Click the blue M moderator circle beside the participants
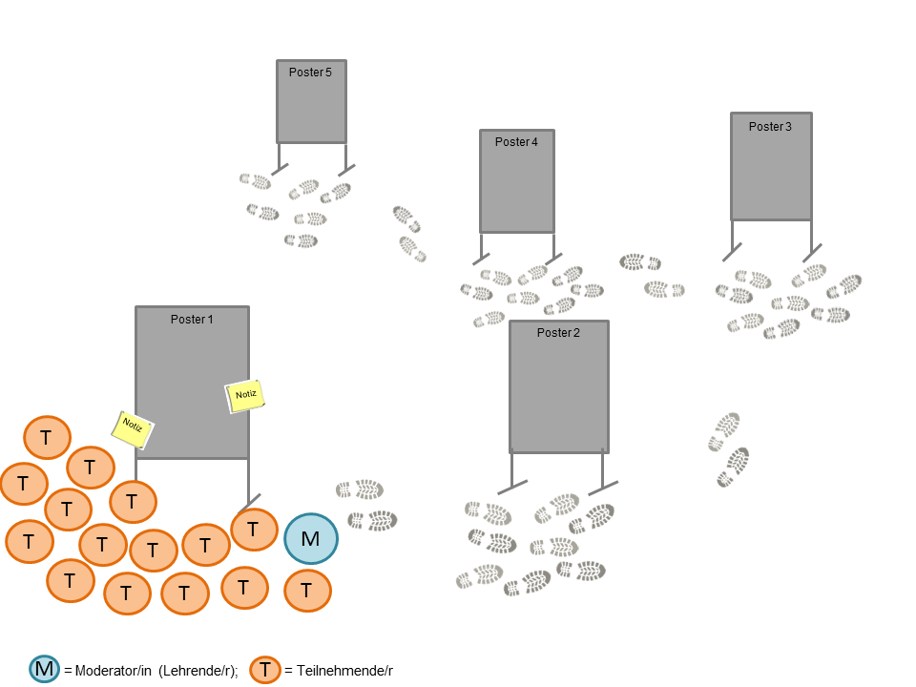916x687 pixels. pos(310,538)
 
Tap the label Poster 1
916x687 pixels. pos(192,320)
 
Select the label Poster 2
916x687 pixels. pos(558,333)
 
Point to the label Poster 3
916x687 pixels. pos(770,127)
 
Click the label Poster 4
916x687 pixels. pos(516,142)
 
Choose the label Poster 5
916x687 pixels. pos(310,73)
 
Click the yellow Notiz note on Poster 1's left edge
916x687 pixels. pos(133,428)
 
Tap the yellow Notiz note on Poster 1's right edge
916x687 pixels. pos(244,395)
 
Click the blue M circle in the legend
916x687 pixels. pos(45,670)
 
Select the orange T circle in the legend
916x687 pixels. pos(264,670)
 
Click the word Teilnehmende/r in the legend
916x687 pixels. pos(346,671)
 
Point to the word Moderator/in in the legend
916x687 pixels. pos(114,671)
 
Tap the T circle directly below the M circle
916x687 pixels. pos(307,591)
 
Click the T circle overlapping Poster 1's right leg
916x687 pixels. pos(254,528)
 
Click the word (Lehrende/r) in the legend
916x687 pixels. pos(198,671)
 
